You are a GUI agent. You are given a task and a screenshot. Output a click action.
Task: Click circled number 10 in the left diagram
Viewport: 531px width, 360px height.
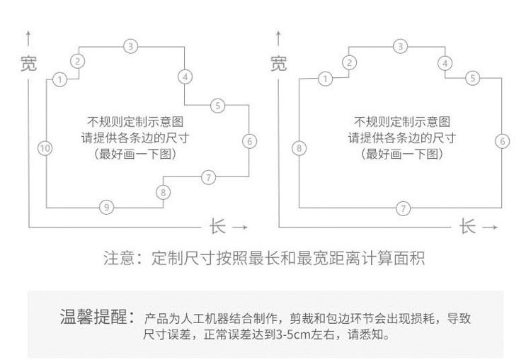(x=44, y=148)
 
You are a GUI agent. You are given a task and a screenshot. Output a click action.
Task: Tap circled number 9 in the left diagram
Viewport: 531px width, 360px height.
(x=105, y=207)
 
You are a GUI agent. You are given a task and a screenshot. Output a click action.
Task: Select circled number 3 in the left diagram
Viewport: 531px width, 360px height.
(x=130, y=46)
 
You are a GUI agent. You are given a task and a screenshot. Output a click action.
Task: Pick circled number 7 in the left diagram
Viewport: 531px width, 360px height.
(x=208, y=177)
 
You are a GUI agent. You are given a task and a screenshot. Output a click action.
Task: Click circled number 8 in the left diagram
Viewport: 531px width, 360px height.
(x=164, y=191)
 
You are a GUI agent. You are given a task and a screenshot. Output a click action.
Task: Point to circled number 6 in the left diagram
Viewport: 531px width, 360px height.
(x=249, y=140)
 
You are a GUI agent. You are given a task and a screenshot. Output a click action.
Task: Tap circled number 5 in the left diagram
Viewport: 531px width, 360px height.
(x=217, y=106)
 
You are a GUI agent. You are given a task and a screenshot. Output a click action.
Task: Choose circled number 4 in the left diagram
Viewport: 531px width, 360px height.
(x=185, y=76)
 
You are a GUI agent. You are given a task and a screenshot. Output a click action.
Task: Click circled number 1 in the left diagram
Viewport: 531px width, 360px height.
(x=60, y=79)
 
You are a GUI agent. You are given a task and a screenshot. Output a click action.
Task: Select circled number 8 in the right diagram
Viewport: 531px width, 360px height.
(x=299, y=148)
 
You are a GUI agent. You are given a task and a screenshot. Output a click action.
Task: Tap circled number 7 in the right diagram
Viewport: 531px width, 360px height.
(x=403, y=208)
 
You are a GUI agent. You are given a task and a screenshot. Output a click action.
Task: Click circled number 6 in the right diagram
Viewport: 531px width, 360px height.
(x=502, y=140)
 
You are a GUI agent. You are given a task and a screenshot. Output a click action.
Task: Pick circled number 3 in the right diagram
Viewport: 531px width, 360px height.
(x=401, y=46)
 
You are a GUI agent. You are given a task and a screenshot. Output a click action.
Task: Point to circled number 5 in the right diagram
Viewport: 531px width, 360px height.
(x=472, y=78)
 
